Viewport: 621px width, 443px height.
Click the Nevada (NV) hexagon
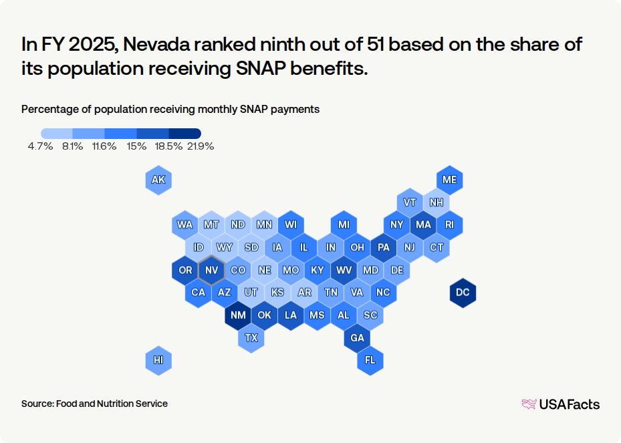click(x=211, y=270)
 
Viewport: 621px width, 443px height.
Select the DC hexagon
click(x=463, y=293)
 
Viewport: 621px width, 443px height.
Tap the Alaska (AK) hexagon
click(x=158, y=180)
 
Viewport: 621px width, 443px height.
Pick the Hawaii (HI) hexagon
click(x=158, y=360)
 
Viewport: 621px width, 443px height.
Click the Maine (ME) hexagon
click(x=449, y=180)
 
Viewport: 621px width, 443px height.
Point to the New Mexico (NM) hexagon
click(x=238, y=315)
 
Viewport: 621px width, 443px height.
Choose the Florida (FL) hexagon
click(x=370, y=360)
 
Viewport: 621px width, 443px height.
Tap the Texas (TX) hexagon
click(x=251, y=337)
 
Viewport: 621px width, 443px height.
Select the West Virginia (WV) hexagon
click(x=344, y=270)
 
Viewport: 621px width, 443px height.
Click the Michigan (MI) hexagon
click(x=344, y=225)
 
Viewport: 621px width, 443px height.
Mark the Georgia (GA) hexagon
click(x=357, y=337)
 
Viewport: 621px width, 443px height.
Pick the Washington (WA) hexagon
click(x=185, y=225)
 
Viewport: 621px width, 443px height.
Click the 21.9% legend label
click(x=201, y=146)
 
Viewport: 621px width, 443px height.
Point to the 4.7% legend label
click(x=40, y=146)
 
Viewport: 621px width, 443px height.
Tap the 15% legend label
click(x=137, y=146)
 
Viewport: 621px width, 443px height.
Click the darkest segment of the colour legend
click(x=185, y=133)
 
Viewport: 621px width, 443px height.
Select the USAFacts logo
click(x=560, y=404)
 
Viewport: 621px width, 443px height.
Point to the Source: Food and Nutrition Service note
click(x=94, y=404)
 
